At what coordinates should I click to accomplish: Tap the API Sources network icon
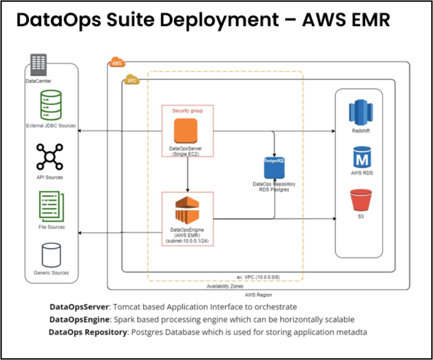point(50,157)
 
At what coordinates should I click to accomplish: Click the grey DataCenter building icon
point(39,65)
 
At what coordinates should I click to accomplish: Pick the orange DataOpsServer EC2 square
point(187,131)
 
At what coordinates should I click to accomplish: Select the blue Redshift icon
point(360,112)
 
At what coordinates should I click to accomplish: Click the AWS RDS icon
point(361,157)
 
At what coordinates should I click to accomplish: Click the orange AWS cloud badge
point(117,62)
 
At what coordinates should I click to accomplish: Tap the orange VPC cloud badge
point(132,80)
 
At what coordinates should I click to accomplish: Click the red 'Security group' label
point(188,111)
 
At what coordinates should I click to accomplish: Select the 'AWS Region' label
point(258,295)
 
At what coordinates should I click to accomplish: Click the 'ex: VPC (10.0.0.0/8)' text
point(258,277)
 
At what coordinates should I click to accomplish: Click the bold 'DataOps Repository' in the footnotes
point(87,332)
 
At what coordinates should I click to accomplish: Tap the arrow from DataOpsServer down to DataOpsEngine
point(188,175)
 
